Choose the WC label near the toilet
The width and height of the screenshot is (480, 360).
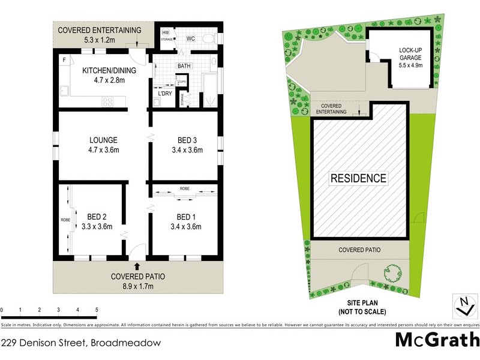click(x=191, y=39)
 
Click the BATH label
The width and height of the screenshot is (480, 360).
click(x=184, y=66)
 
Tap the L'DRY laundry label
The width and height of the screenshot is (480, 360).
click(x=164, y=94)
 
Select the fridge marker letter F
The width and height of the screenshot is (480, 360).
click(x=64, y=59)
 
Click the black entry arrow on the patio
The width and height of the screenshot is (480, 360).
click(x=137, y=265)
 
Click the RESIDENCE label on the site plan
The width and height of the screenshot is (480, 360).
click(x=358, y=178)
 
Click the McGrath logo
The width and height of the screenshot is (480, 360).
click(x=436, y=340)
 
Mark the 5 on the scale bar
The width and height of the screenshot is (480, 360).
click(x=96, y=310)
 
